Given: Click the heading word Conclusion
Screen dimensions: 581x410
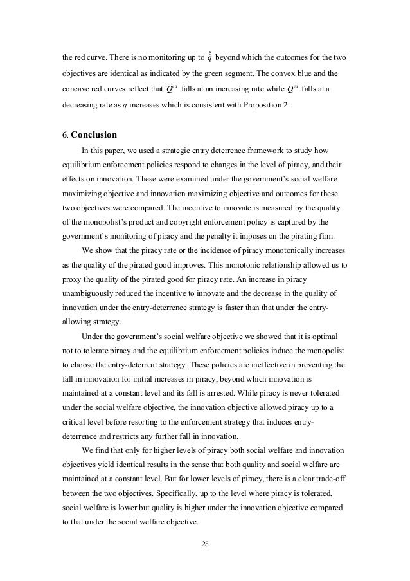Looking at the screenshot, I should point(94,136).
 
